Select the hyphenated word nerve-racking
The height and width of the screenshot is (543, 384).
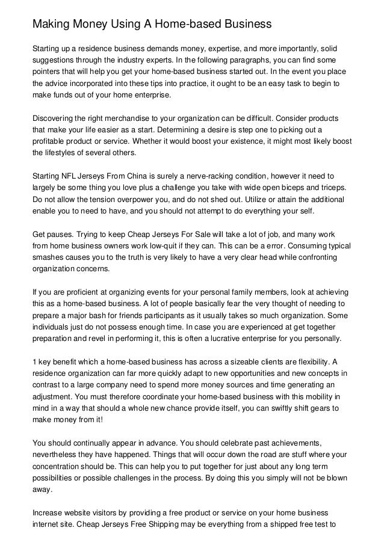(197, 177)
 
